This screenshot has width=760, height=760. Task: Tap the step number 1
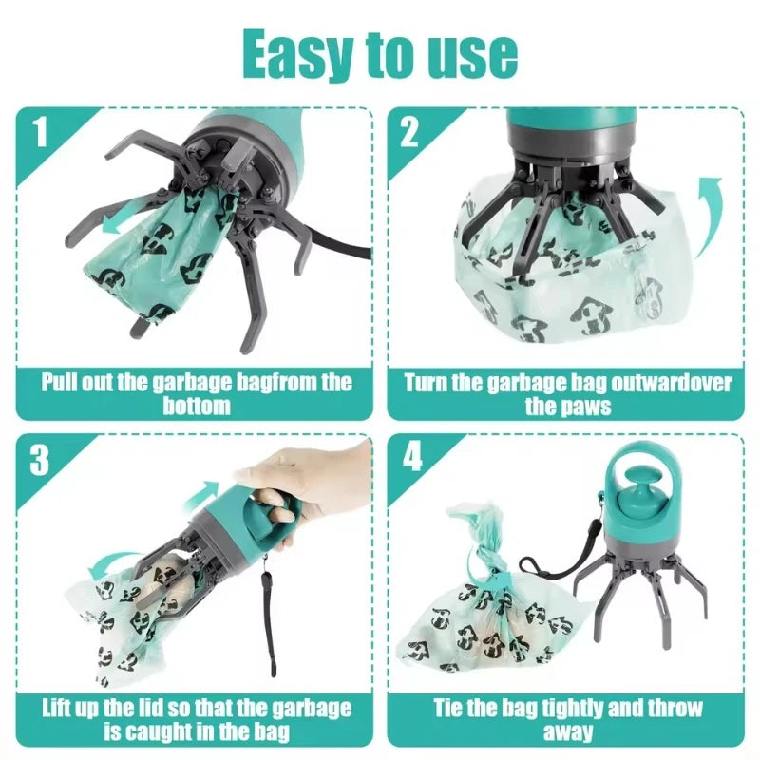tap(39, 133)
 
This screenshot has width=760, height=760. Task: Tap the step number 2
tap(409, 132)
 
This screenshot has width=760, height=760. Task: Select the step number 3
tap(39, 461)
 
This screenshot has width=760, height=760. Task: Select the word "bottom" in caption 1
tap(196, 406)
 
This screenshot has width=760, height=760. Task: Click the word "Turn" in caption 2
tap(428, 384)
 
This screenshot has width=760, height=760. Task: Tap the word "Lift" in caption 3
tap(60, 710)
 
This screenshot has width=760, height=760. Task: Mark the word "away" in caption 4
tap(568, 731)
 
